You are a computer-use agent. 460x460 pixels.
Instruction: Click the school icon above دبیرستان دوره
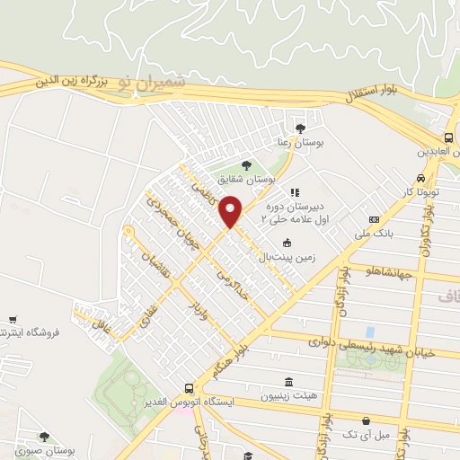point(293,191)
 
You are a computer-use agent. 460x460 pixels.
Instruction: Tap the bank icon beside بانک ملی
point(374,220)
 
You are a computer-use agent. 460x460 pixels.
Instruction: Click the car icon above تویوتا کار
point(421,178)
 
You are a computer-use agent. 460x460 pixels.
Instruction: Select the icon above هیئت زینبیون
point(287,381)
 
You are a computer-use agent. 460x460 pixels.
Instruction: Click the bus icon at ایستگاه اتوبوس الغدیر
point(188,388)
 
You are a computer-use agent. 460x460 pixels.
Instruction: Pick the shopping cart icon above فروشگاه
point(13,319)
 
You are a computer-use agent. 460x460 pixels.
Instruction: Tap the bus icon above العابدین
point(447,137)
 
